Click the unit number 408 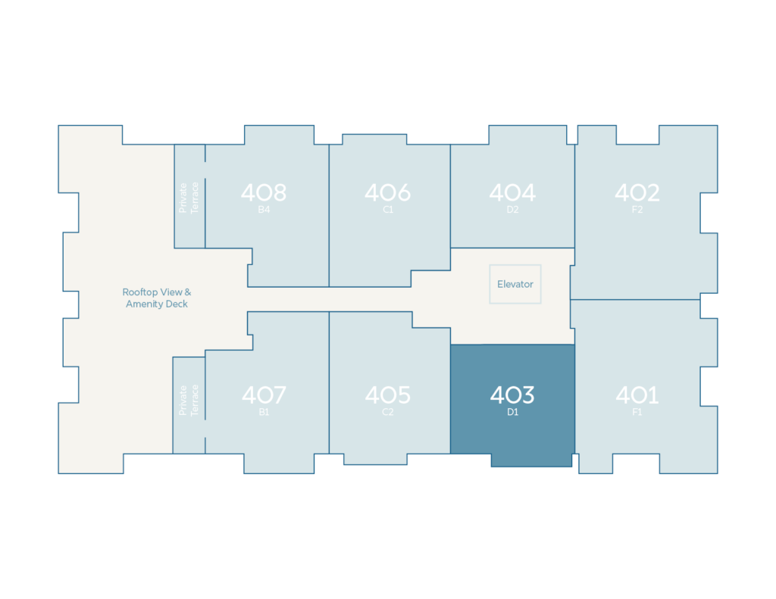tap(264, 192)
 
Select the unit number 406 tap(387, 192)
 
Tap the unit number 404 tap(512, 192)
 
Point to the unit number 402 tap(637, 192)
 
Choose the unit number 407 tap(264, 395)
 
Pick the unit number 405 tap(387, 395)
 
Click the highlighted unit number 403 tap(512, 395)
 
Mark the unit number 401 tap(637, 395)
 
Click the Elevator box tap(515, 284)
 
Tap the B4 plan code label tap(264, 210)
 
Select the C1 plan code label tap(388, 210)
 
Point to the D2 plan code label tap(513, 210)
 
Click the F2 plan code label tap(637, 210)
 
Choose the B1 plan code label tap(264, 412)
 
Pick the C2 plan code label tap(387, 412)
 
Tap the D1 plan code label tap(513, 412)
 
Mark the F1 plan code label tap(637, 412)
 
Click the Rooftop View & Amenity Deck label tap(156, 298)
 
